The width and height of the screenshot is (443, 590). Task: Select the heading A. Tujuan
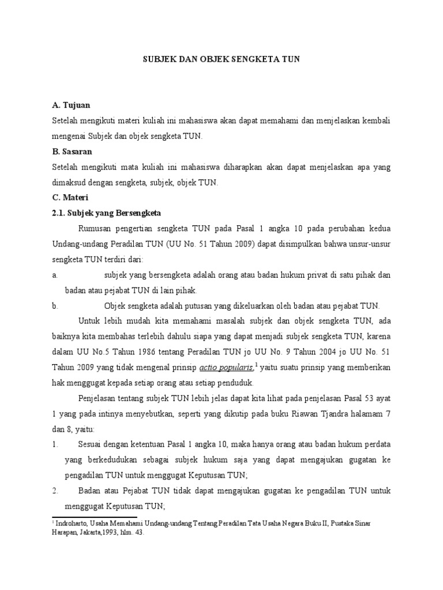click(x=71, y=106)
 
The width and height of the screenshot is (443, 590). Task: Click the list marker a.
click(x=54, y=275)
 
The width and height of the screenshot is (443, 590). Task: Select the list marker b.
click(x=54, y=305)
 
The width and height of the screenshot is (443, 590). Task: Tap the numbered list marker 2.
click(x=55, y=491)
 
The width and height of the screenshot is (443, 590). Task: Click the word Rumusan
click(x=97, y=228)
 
